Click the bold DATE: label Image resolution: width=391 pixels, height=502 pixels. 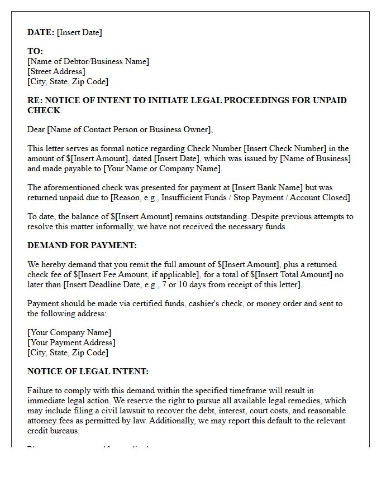click(x=41, y=32)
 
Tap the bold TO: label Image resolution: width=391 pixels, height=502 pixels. click(x=35, y=51)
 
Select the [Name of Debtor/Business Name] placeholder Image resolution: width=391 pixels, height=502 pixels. click(x=88, y=61)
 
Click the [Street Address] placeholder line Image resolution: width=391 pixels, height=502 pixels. click(x=56, y=71)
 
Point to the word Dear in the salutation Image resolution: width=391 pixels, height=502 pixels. click(x=36, y=129)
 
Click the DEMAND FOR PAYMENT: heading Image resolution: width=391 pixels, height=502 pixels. click(x=82, y=245)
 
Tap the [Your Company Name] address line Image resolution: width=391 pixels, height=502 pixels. click(x=69, y=332)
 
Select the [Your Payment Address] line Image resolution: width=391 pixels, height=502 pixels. click(x=71, y=342)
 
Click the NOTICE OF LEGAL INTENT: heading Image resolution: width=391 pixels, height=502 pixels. click(x=88, y=371)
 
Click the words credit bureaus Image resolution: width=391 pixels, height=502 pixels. click(x=54, y=431)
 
